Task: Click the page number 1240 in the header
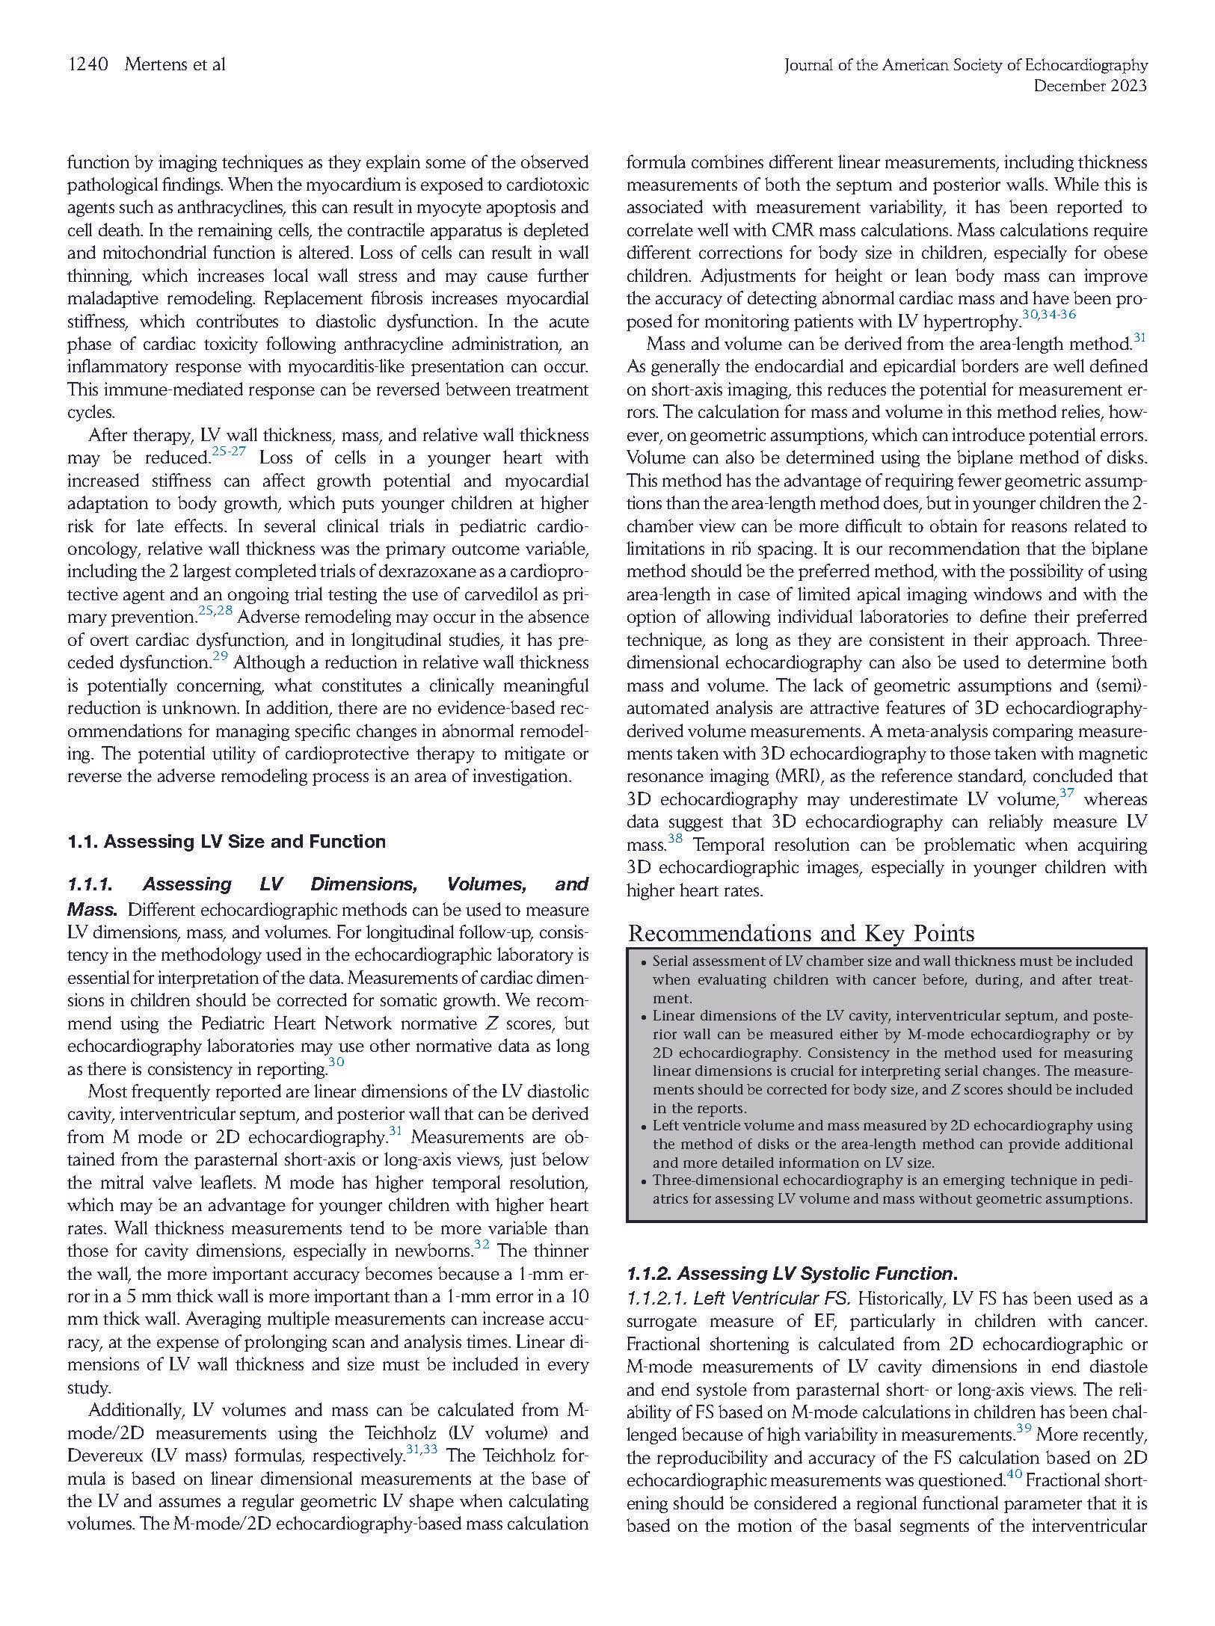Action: click(x=87, y=65)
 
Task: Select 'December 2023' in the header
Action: click(x=1089, y=87)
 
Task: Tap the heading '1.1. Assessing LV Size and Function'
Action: click(x=227, y=842)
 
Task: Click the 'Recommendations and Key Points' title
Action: click(x=801, y=934)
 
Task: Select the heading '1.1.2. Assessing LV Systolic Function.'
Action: click(x=792, y=1274)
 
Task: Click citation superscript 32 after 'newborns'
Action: click(x=482, y=1246)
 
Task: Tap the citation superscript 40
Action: click(x=1014, y=1475)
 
